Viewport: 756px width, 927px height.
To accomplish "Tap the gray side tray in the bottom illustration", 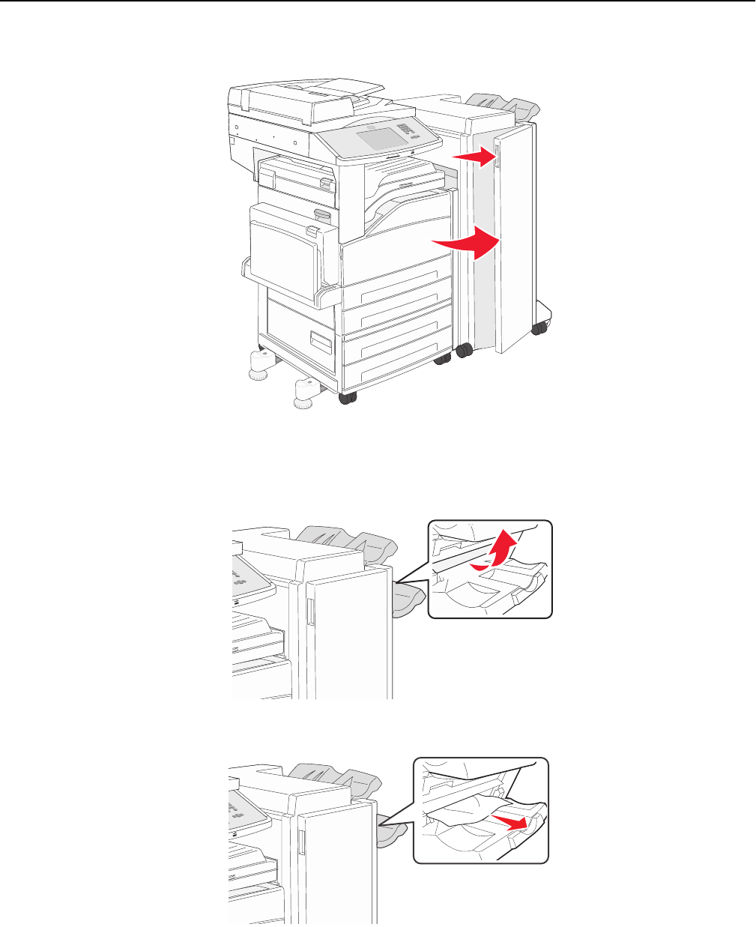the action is [391, 830].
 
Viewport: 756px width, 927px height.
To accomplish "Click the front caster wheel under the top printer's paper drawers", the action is [347, 399].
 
